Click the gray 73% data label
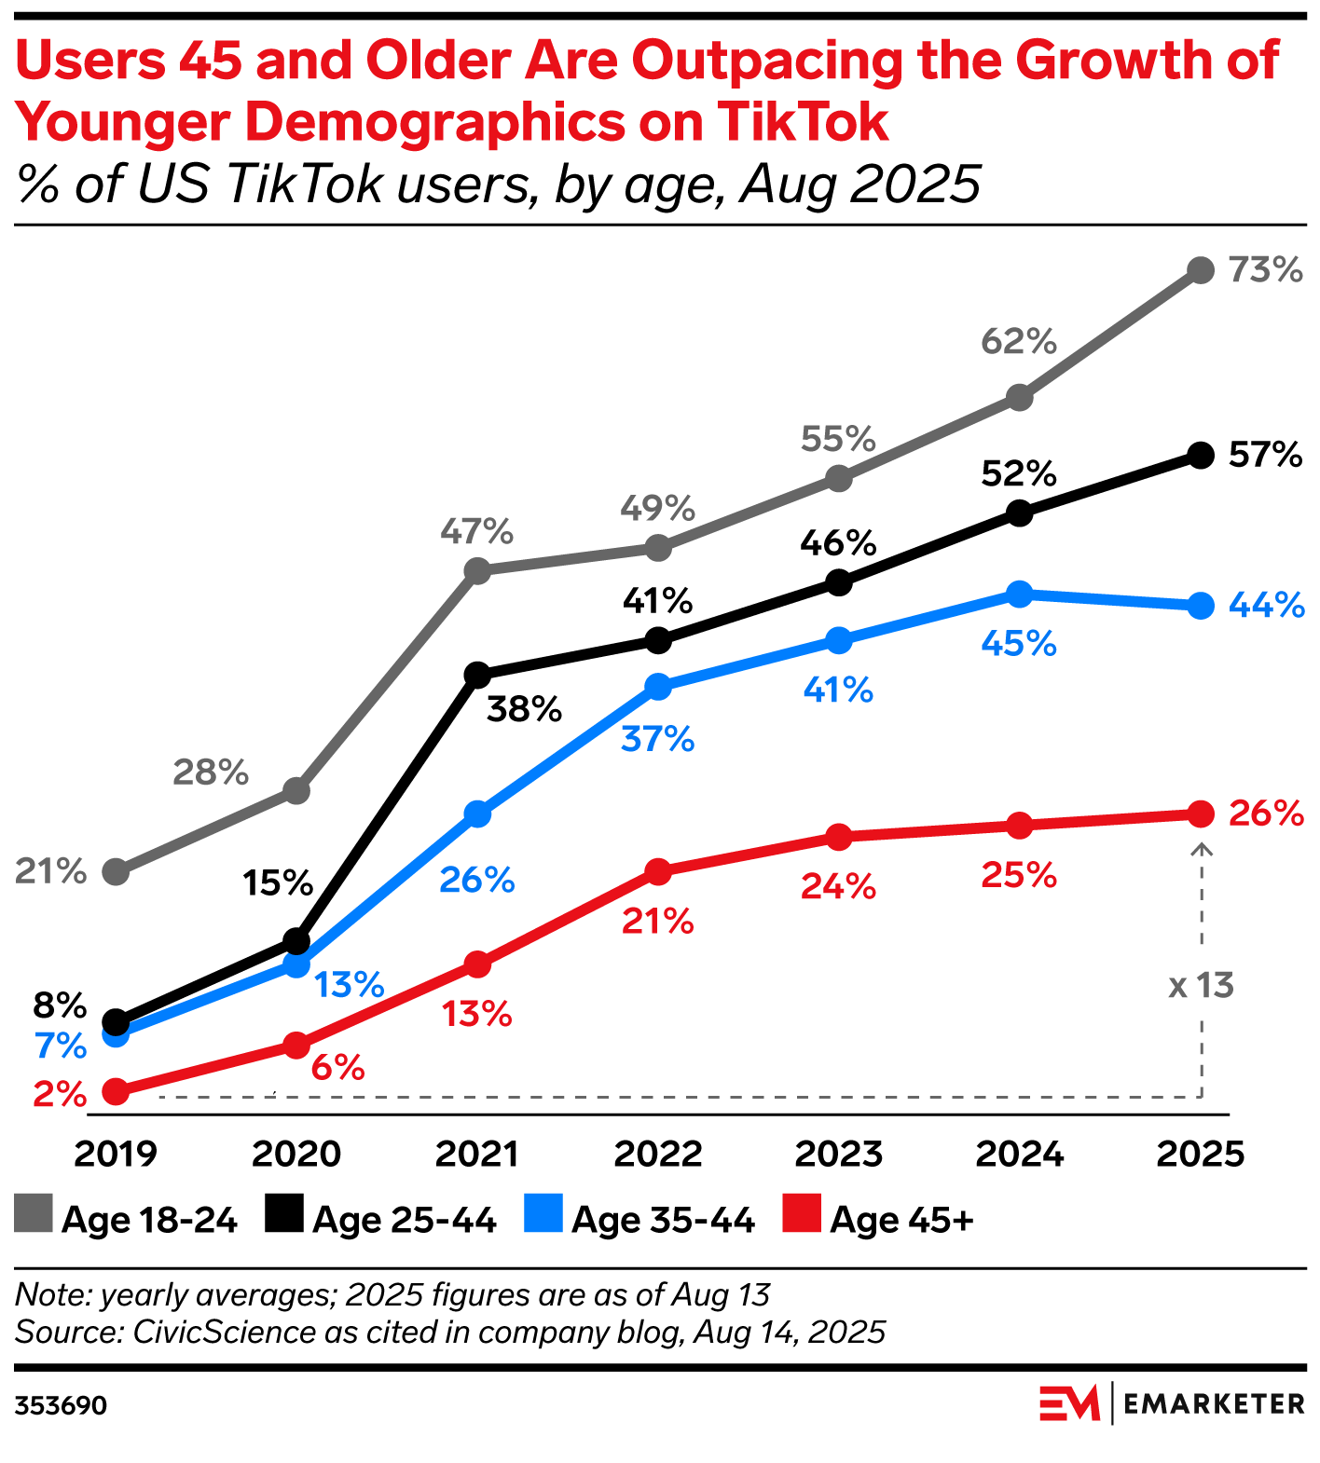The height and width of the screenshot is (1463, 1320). tap(1265, 270)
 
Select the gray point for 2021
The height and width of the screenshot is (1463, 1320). tap(477, 570)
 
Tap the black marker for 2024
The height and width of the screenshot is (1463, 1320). tap(1020, 513)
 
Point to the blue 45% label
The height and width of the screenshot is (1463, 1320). tap(1019, 644)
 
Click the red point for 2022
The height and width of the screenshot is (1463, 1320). tap(658, 872)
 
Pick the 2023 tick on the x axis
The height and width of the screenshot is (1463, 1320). tap(838, 1154)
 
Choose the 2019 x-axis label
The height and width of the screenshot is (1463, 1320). tap(116, 1154)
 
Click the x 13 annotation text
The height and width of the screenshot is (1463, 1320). tap(1201, 985)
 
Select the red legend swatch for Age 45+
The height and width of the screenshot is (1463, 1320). tap(802, 1213)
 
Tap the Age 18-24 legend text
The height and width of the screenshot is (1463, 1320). tap(149, 1220)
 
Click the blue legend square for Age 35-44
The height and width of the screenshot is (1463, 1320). tap(543, 1213)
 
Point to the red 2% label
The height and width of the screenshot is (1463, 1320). tap(60, 1093)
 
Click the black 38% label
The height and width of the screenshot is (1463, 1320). tap(524, 710)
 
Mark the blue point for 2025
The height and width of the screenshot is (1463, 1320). tap(1202, 606)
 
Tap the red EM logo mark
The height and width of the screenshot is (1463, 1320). tap(1069, 1403)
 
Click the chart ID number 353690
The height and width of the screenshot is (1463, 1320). tap(61, 1405)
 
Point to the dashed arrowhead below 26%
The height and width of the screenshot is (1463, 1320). tap(1202, 848)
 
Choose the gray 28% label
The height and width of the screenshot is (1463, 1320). tap(211, 773)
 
